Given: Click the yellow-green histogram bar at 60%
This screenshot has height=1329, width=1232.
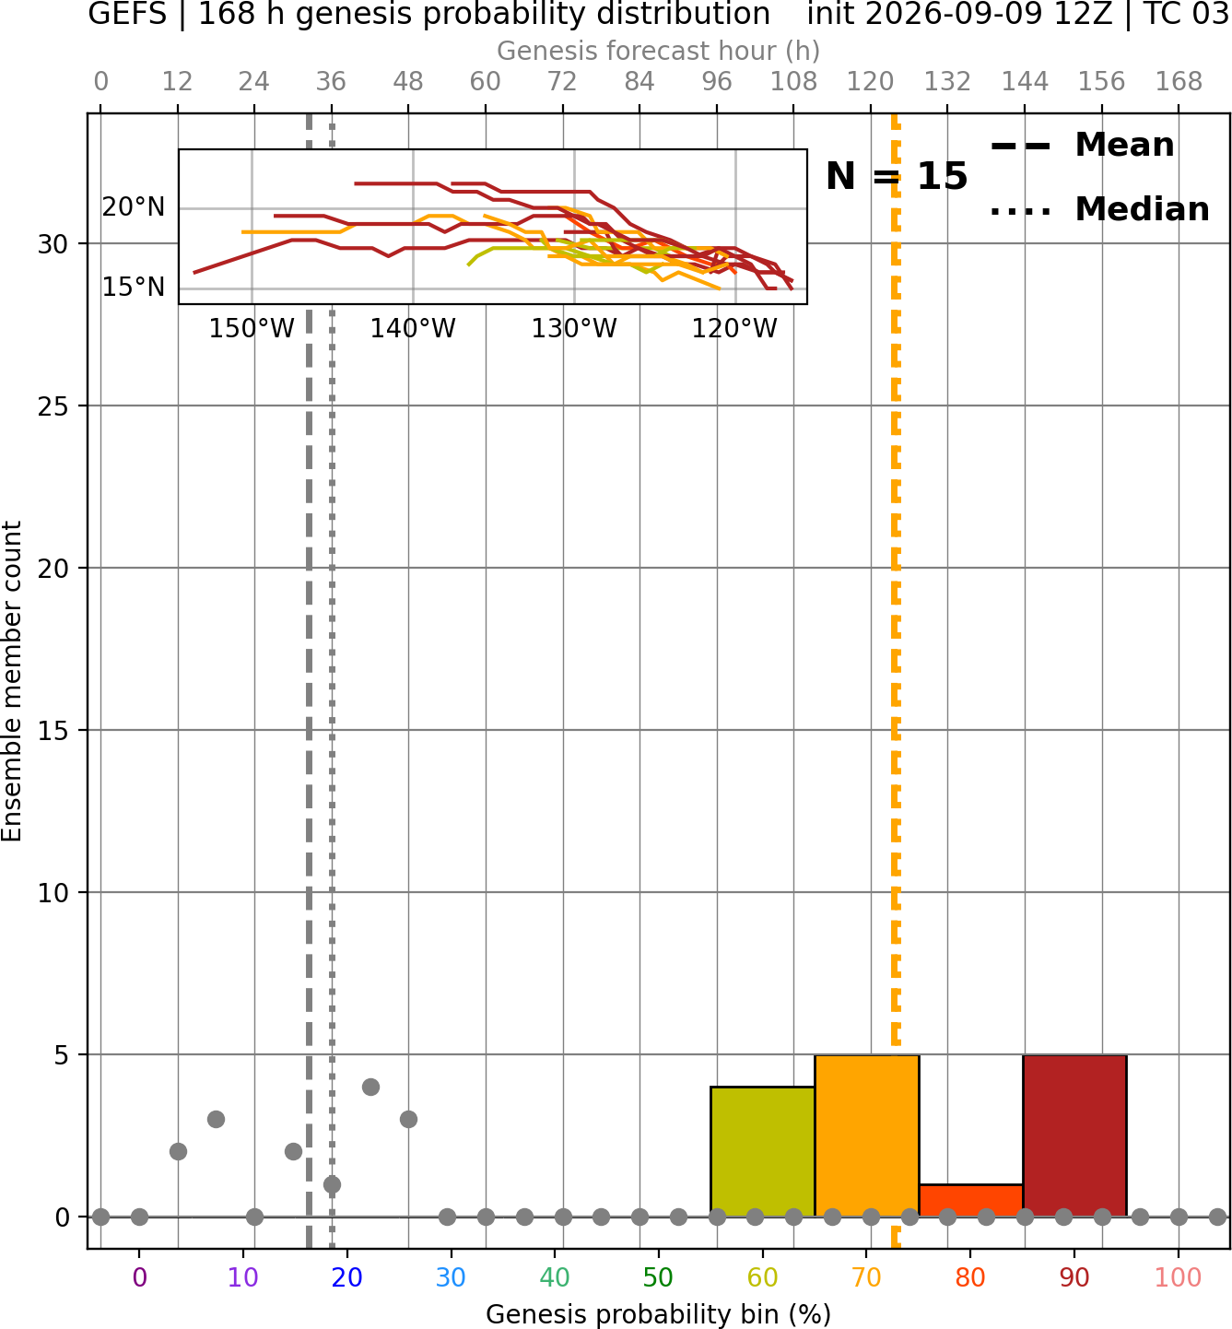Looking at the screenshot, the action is (762, 1152).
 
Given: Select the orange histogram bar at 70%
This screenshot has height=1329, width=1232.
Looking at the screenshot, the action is (866, 1135).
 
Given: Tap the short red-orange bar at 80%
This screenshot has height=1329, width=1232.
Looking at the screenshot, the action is (971, 1201).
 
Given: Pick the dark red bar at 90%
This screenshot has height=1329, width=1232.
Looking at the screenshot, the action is (1074, 1135).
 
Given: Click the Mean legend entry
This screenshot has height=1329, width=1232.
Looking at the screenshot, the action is (1082, 146).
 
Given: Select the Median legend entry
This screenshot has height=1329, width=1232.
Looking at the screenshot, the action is (1099, 209).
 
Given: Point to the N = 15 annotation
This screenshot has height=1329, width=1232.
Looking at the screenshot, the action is (897, 176).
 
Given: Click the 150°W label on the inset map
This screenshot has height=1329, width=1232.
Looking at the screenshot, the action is (252, 329).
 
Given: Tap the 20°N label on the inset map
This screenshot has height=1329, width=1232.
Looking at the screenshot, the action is (134, 207).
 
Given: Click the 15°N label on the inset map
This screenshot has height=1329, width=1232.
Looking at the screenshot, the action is (134, 287).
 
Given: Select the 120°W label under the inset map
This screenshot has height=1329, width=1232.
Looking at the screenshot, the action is (734, 329).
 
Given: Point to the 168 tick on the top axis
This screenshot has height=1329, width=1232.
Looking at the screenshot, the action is (1179, 82).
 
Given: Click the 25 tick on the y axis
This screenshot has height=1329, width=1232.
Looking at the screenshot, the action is (53, 406).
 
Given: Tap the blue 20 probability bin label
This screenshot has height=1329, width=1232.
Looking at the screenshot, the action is (347, 1278).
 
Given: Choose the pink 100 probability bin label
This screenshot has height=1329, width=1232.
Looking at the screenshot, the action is (1179, 1278).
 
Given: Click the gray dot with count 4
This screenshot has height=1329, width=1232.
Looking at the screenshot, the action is (370, 1087).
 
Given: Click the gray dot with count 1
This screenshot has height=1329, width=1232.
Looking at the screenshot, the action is (332, 1184).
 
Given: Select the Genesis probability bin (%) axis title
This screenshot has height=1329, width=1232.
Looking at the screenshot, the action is (659, 1314).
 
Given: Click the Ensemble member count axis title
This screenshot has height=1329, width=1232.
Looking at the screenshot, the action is (11, 681).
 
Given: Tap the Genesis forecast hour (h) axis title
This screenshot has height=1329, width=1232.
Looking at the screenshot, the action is (659, 51).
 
